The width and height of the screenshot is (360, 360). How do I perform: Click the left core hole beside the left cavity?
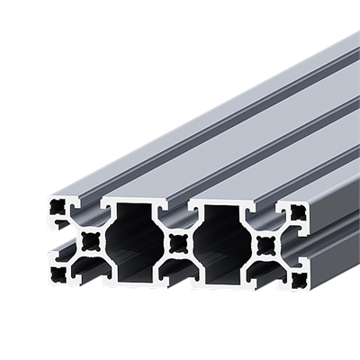point(90,240)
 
